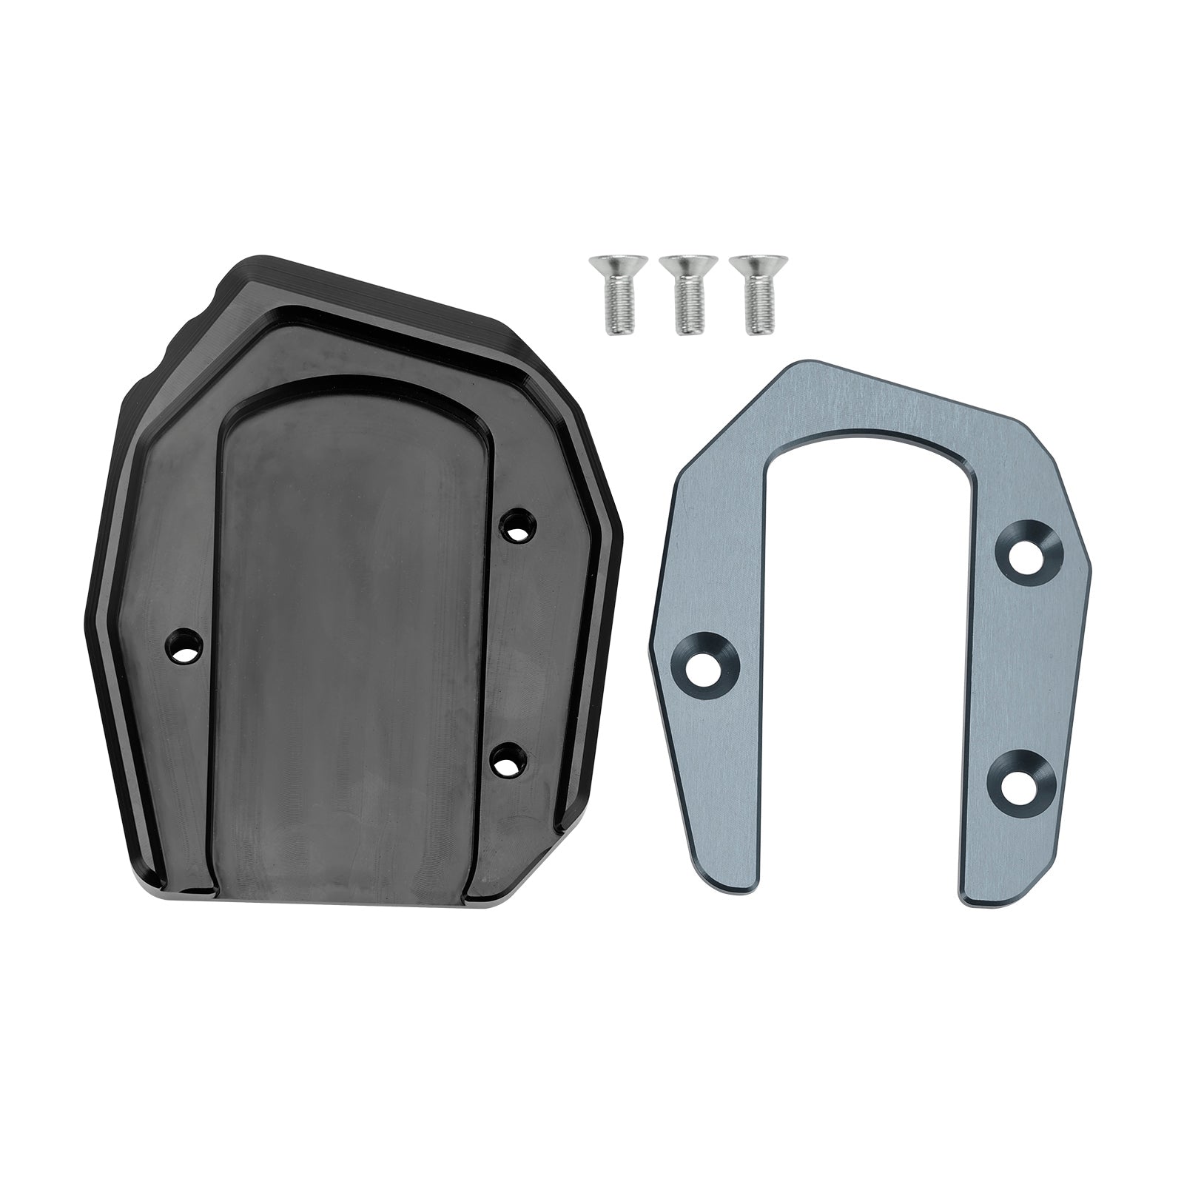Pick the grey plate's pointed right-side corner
click(x=1089, y=570)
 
